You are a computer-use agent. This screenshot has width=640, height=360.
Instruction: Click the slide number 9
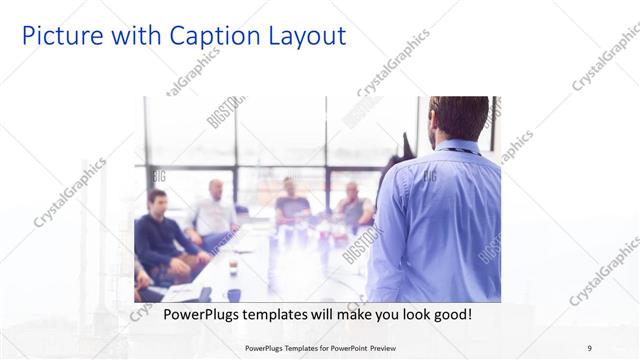click(x=590, y=348)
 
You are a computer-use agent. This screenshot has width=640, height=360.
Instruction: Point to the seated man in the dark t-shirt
click(x=291, y=205)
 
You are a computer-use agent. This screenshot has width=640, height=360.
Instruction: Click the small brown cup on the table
click(x=232, y=267)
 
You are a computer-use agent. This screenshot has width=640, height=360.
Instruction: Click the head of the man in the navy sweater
click(x=156, y=199)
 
